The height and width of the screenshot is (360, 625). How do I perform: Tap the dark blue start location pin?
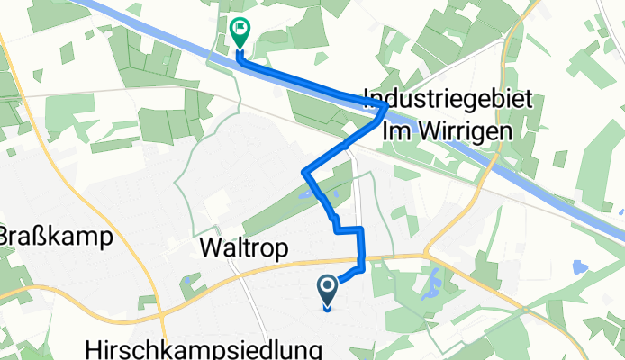coord(327,291)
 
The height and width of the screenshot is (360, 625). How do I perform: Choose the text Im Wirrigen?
coord(448,130)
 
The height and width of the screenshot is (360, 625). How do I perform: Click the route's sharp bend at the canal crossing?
coord(385,106)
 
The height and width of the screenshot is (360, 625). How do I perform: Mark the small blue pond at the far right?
coord(577,266)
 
